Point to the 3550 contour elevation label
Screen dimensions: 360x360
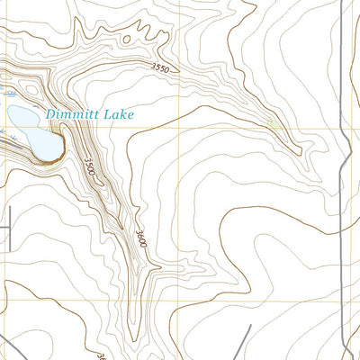click(x=160, y=68)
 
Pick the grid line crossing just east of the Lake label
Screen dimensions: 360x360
click(x=178, y=127)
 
